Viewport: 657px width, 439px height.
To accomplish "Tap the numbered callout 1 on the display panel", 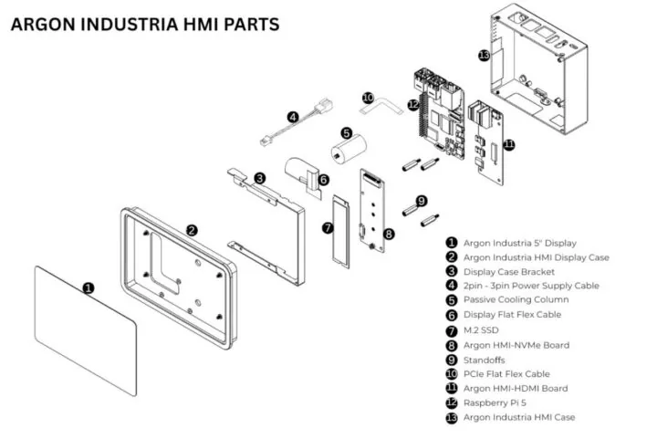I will click(x=89, y=287).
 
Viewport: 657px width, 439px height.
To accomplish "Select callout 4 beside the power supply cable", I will click(x=292, y=117).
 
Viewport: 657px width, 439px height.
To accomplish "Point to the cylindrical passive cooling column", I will click(x=347, y=151).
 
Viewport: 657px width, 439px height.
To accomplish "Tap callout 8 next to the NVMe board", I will click(x=389, y=234).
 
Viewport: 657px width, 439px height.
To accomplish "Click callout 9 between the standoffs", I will click(x=421, y=200).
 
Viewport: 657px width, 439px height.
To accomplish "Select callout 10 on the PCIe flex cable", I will click(x=368, y=97).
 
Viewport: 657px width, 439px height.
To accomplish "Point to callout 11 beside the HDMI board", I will click(x=508, y=143).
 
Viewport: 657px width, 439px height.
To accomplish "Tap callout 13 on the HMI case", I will click(x=484, y=55).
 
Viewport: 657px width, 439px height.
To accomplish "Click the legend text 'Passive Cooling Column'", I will click(x=516, y=300).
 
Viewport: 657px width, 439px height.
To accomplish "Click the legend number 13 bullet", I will click(x=451, y=417).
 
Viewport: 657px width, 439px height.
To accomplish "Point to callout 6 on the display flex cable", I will click(x=323, y=181).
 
